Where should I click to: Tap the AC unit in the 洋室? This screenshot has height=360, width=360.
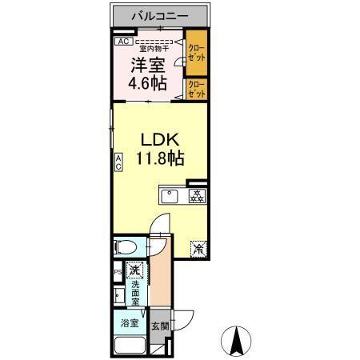[x=123, y=42]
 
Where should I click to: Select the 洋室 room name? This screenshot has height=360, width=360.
[x=149, y=64]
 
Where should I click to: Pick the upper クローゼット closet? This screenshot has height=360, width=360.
[x=196, y=54]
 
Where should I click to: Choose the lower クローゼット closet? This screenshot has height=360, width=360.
[x=196, y=90]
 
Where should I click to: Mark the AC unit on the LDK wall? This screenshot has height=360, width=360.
[x=118, y=164]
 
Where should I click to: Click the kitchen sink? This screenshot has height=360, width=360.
[x=170, y=196]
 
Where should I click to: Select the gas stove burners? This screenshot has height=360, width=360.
[x=196, y=196]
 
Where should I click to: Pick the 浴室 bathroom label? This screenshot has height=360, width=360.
[x=130, y=325]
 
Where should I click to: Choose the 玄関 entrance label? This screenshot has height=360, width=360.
[x=160, y=326]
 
